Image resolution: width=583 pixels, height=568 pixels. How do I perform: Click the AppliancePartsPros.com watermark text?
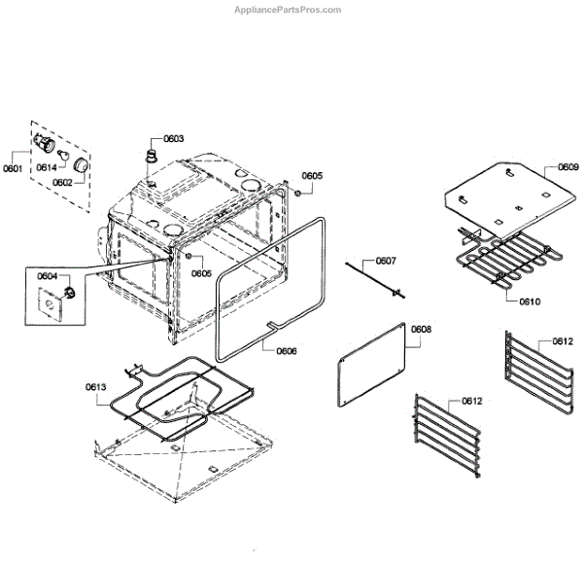pyautogui.click(x=289, y=10)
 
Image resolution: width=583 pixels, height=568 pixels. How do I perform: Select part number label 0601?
pyautogui.click(x=12, y=167)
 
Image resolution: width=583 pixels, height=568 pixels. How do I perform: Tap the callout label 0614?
pyautogui.click(x=46, y=167)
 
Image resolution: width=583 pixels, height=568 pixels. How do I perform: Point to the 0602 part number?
pyautogui.click(x=61, y=182)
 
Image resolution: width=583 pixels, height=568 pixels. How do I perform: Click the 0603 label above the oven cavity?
pyautogui.click(x=174, y=139)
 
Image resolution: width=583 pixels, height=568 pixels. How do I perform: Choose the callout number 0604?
pyautogui.click(x=48, y=276)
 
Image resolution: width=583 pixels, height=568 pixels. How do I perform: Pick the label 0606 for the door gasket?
pyautogui.click(x=287, y=350)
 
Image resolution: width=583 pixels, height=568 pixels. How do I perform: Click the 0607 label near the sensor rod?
pyautogui.click(x=386, y=261)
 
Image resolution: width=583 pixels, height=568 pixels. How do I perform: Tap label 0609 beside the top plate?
pyautogui.click(x=567, y=167)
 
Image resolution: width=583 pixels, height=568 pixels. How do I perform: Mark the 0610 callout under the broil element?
pyautogui.click(x=529, y=302)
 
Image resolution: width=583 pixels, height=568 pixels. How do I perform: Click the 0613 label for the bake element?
pyautogui.click(x=95, y=387)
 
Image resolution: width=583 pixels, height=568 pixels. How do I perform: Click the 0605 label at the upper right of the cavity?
pyautogui.click(x=311, y=176)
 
